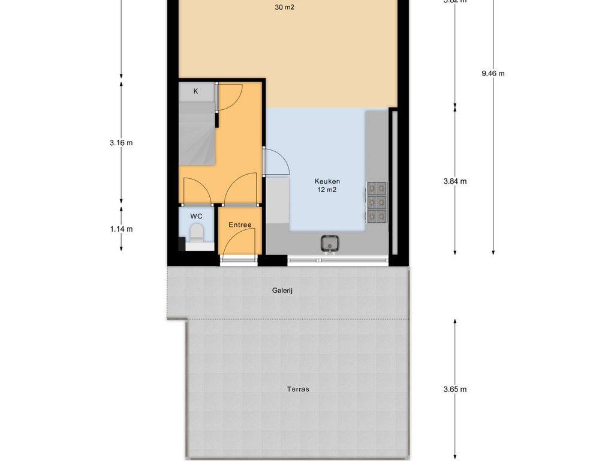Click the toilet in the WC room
(x=196, y=232)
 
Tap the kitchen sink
(x=329, y=244)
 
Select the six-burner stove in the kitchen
(x=377, y=202)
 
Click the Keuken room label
(x=327, y=181)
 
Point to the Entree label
(x=240, y=225)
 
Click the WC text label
(x=196, y=215)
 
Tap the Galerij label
(x=285, y=291)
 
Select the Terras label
(x=298, y=389)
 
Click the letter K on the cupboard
(x=195, y=91)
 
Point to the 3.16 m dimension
(x=121, y=143)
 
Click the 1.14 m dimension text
(x=121, y=229)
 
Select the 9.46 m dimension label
(x=493, y=73)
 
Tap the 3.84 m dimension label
(x=455, y=181)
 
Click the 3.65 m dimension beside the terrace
(x=455, y=389)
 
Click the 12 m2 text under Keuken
(x=327, y=190)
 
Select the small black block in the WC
(x=182, y=244)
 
